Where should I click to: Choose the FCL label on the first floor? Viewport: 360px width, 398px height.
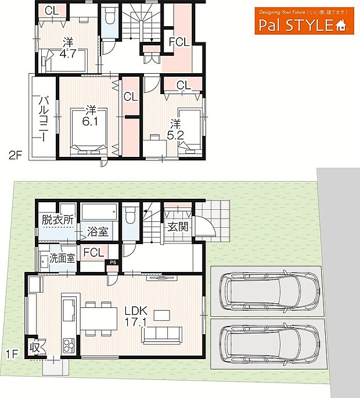pos(93,252)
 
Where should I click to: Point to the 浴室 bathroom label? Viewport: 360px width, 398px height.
pos(98,231)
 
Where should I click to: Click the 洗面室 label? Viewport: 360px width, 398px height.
pos(62,258)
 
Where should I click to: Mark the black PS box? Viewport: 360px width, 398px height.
pos(113,262)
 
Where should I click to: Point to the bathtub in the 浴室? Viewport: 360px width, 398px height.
pos(99,212)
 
